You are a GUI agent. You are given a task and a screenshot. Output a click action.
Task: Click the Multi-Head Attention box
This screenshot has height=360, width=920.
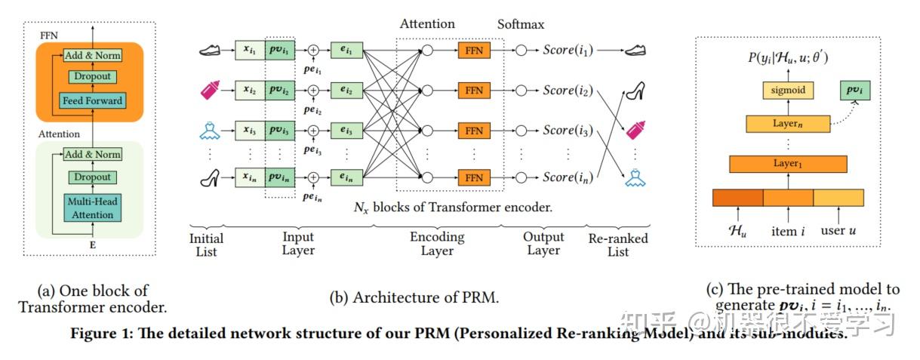(93, 209)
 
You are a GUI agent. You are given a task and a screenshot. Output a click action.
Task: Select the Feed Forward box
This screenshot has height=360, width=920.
(93, 100)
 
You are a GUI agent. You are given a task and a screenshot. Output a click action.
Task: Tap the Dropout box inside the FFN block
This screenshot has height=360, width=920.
(93, 76)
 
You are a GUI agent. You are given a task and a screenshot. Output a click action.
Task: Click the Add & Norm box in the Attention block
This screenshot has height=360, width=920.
(93, 155)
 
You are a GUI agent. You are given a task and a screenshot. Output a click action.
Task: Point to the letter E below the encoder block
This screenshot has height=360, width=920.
(92, 246)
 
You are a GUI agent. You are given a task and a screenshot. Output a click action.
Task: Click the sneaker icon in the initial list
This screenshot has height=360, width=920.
(210, 51)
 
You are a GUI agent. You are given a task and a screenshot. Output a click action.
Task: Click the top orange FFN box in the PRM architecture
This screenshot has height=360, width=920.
(474, 51)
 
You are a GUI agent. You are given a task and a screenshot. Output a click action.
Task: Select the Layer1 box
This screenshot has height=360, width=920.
(787, 164)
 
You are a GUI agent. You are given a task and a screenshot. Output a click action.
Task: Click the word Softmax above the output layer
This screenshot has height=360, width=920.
(521, 25)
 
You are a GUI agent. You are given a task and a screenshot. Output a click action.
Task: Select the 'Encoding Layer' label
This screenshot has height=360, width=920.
(437, 244)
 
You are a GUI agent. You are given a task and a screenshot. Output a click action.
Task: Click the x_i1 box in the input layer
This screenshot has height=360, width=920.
(250, 51)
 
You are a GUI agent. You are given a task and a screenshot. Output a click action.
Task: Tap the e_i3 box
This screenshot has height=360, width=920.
(346, 131)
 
